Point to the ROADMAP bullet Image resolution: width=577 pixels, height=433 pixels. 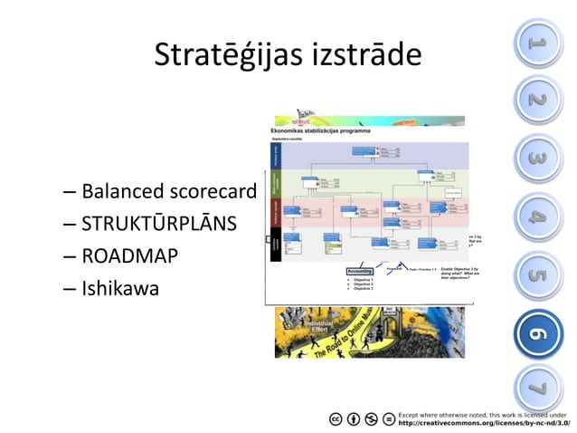coord(128,257)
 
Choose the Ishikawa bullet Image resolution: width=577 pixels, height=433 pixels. coord(120,290)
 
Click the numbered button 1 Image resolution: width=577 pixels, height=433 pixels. coord(537,41)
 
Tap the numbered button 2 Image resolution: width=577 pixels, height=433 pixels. coord(537,101)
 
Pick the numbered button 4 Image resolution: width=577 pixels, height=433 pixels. coord(537,217)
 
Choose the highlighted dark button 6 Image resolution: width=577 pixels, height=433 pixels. coord(537,334)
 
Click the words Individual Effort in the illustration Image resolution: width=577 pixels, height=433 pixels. coord(322,327)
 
